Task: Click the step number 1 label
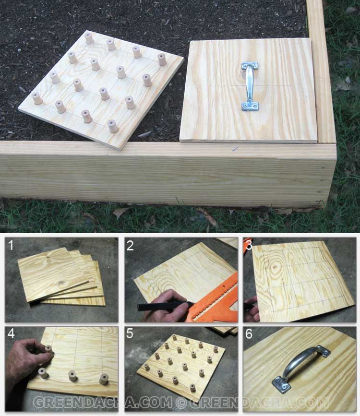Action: (11, 245)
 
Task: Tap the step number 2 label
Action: (130, 246)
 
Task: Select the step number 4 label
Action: (11, 333)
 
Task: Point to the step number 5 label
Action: (130, 333)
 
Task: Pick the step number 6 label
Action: (249, 334)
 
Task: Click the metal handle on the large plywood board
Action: (250, 86)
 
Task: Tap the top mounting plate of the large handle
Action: (250, 66)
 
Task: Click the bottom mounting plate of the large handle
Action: (250, 107)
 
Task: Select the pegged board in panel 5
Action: (181, 364)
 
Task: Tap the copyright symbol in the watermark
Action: (181, 403)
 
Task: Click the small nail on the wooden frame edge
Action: (235, 149)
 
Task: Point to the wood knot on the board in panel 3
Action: (275, 267)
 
